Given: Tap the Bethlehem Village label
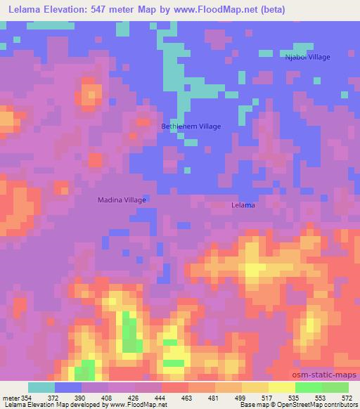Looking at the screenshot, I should (x=191, y=126).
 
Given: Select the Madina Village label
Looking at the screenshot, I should (x=122, y=200).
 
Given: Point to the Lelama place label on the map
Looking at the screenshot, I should (x=243, y=206).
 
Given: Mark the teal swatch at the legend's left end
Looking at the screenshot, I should (x=41, y=387).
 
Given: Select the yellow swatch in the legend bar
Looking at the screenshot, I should (x=281, y=387).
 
